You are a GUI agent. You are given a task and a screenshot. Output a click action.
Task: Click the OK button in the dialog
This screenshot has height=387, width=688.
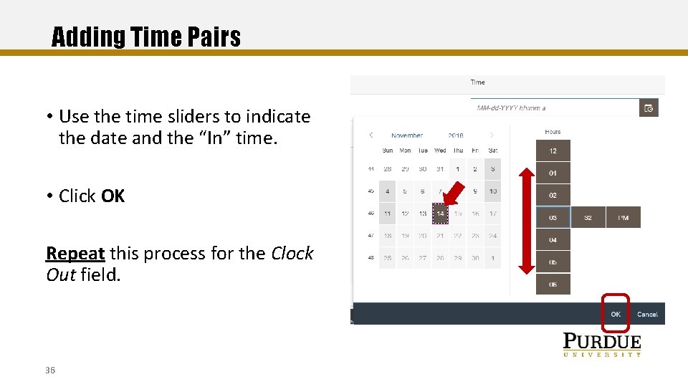pos(616,314)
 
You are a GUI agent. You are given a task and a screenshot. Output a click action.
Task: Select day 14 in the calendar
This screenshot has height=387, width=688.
pos(440,214)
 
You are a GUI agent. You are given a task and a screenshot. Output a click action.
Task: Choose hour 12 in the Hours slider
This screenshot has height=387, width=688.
pos(553,151)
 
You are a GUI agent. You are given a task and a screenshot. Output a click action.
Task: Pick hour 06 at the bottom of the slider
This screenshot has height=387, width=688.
pos(553,285)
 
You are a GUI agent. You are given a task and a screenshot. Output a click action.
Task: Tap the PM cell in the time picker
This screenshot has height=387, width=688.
pos(623,218)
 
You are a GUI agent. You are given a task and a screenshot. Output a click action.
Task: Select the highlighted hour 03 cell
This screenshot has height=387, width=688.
pos(553,218)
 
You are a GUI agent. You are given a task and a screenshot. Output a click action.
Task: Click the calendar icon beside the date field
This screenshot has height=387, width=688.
pos(649,108)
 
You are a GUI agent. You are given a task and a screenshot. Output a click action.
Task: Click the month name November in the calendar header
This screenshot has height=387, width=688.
pos(407,135)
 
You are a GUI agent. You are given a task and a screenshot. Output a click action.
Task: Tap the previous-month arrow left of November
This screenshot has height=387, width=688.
pos(371,135)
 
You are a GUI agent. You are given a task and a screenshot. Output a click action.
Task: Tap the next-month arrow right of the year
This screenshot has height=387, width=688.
pos(492,135)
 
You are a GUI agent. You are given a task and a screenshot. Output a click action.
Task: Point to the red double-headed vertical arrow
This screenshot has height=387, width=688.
pos(527,220)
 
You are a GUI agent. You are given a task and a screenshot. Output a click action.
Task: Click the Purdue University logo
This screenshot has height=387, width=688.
pos(601,345)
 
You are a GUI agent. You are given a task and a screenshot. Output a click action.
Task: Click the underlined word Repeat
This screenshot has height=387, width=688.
pos(75,254)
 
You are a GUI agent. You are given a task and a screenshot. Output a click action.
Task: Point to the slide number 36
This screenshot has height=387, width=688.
pos(50,370)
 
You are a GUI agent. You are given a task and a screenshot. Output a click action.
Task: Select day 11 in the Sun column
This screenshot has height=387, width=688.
pos(387,214)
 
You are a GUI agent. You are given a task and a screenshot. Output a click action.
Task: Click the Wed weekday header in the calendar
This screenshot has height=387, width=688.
pos(440,150)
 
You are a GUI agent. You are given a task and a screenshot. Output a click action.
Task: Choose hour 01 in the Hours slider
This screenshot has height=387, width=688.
pos(553,173)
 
